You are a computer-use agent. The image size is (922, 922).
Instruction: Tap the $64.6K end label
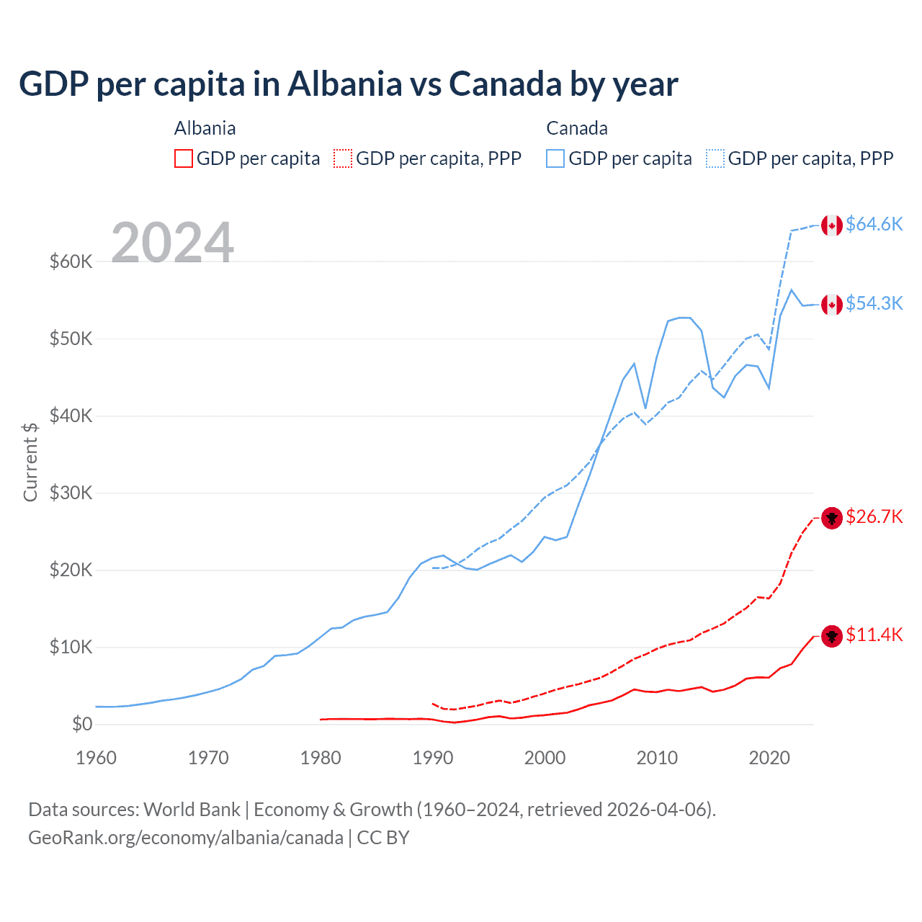(x=874, y=224)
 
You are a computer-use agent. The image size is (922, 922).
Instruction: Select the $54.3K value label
(x=874, y=303)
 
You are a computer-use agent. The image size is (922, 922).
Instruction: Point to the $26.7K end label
(x=874, y=516)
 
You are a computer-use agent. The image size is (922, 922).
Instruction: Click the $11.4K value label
(x=874, y=635)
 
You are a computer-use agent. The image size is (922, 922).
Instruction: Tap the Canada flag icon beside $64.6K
(x=832, y=225)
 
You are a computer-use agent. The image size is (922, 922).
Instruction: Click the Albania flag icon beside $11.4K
(x=832, y=636)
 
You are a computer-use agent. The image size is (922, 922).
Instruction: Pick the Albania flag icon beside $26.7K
(x=832, y=518)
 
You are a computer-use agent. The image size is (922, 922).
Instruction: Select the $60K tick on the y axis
(x=71, y=261)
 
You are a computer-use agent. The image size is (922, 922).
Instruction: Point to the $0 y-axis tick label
(x=82, y=724)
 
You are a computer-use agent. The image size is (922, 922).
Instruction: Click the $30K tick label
(x=71, y=493)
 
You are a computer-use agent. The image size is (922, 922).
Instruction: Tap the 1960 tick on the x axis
(x=96, y=758)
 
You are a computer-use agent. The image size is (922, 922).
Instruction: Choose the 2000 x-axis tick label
(x=545, y=758)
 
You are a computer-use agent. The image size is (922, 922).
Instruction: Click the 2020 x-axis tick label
(x=769, y=758)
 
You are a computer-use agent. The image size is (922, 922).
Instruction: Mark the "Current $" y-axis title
(x=30, y=462)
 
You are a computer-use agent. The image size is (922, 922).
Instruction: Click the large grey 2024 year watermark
(x=172, y=243)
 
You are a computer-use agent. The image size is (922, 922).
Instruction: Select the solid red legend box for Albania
(x=184, y=158)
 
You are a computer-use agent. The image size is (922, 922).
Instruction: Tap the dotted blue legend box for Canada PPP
(x=715, y=158)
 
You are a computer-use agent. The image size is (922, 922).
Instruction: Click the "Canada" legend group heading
(x=577, y=128)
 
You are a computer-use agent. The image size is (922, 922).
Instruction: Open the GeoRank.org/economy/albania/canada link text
(x=185, y=838)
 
